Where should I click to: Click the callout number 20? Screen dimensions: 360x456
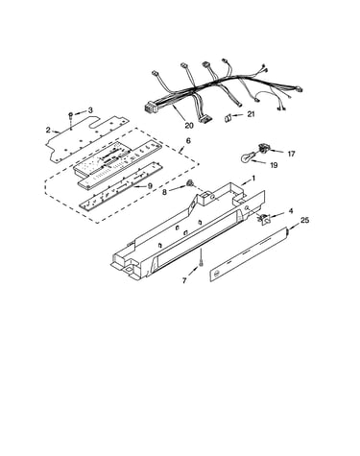(189, 125)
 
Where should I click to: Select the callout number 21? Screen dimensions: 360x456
(251, 113)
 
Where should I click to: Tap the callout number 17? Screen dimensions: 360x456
(291, 154)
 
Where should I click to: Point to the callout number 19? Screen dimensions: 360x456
(274, 165)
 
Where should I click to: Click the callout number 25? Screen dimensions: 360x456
(304, 220)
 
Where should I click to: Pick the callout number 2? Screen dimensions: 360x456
(48, 130)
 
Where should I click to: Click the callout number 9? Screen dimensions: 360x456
(150, 185)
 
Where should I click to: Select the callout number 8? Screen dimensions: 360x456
(164, 192)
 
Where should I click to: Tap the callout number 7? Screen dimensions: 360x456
(184, 280)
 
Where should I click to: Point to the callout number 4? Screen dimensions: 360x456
(291, 211)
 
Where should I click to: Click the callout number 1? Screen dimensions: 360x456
(253, 178)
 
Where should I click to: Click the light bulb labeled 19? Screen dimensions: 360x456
(248, 156)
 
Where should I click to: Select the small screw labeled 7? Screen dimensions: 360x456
(201, 263)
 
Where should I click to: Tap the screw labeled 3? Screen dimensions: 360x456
(71, 117)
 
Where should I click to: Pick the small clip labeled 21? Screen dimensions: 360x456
(228, 118)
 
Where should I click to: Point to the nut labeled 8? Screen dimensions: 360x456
(190, 183)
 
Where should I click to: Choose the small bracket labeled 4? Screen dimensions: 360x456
(264, 219)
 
